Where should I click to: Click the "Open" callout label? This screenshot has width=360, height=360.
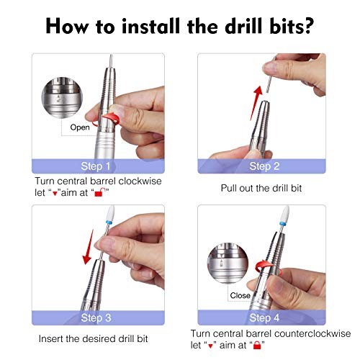(80, 127)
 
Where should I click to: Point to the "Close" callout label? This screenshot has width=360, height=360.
(240, 295)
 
